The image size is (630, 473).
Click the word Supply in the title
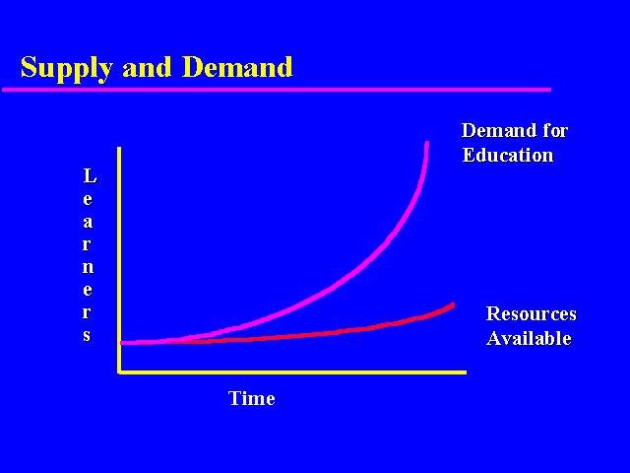(x=66, y=68)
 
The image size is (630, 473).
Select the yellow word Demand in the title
(x=237, y=67)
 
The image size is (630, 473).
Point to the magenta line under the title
(x=277, y=90)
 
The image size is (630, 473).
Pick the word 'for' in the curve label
(x=555, y=131)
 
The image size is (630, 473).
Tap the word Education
(x=508, y=156)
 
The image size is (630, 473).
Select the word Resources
(x=532, y=313)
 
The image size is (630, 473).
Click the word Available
(x=529, y=338)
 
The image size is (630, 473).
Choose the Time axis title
(x=252, y=398)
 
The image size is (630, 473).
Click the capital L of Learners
(x=90, y=175)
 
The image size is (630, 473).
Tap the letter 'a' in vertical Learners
(x=88, y=222)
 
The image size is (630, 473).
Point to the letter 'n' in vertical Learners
(x=88, y=267)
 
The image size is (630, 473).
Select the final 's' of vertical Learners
(x=88, y=335)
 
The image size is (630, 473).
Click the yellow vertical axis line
(x=119, y=260)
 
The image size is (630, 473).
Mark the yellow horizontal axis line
(x=292, y=372)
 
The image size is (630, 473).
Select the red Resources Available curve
(x=305, y=335)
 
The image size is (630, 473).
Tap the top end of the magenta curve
(x=427, y=142)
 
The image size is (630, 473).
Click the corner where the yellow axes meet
(x=119, y=372)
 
